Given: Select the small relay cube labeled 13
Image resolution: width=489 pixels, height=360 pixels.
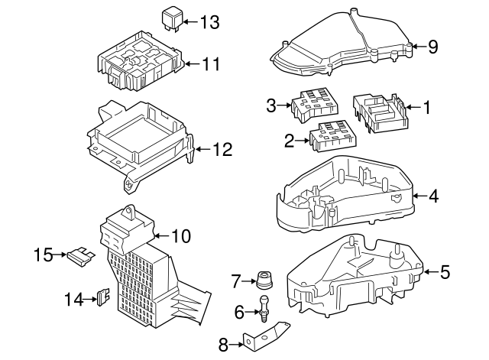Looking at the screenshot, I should tap(172, 18).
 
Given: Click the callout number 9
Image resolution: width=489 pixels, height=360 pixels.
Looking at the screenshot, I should tap(433, 47).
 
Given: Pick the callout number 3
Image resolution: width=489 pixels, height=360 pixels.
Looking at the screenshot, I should tap(270, 105).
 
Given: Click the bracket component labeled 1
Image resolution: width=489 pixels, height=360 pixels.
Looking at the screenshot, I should tap(379, 112).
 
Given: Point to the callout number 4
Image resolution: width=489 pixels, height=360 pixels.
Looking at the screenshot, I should tap(433, 196).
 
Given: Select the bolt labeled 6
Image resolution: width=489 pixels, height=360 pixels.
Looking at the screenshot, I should tap(264, 308).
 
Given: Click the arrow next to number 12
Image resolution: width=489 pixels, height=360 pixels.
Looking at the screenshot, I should tap(201, 150).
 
